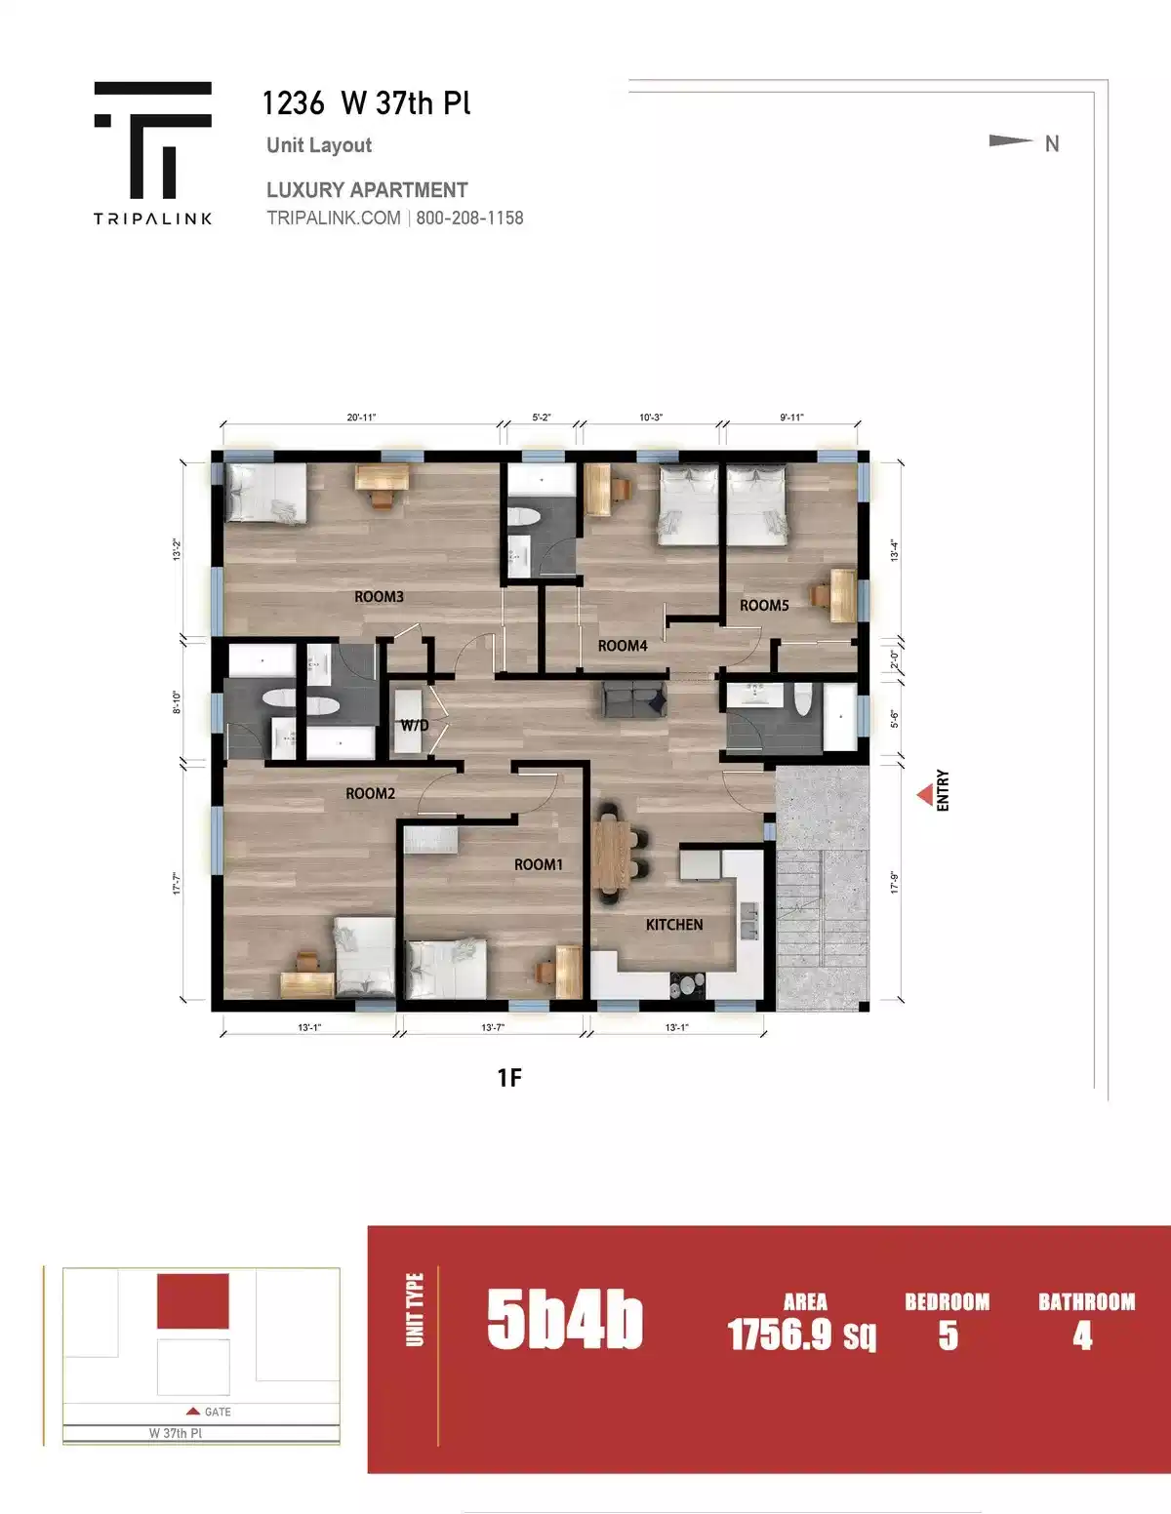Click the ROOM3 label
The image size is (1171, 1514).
[379, 596]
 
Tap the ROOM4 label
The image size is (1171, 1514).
[623, 646]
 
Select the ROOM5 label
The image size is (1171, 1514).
[764, 606]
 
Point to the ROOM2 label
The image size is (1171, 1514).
[371, 794]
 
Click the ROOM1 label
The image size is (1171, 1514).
[539, 864]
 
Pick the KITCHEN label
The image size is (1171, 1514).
[674, 925]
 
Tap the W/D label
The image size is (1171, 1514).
[415, 726]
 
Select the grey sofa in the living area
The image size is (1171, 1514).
[634, 700]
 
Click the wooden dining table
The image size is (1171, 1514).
[611, 855]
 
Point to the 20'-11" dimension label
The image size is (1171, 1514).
[361, 418]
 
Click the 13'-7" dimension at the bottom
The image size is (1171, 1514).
[493, 1027]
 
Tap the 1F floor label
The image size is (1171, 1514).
[509, 1077]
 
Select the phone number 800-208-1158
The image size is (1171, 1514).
[469, 219]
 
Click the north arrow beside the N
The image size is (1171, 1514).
[1010, 141]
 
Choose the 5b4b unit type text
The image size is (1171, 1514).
[564, 1321]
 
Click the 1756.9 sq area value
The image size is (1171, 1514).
[801, 1335]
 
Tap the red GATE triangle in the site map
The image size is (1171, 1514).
[193, 1412]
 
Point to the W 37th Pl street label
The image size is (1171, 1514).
[176, 1433]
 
